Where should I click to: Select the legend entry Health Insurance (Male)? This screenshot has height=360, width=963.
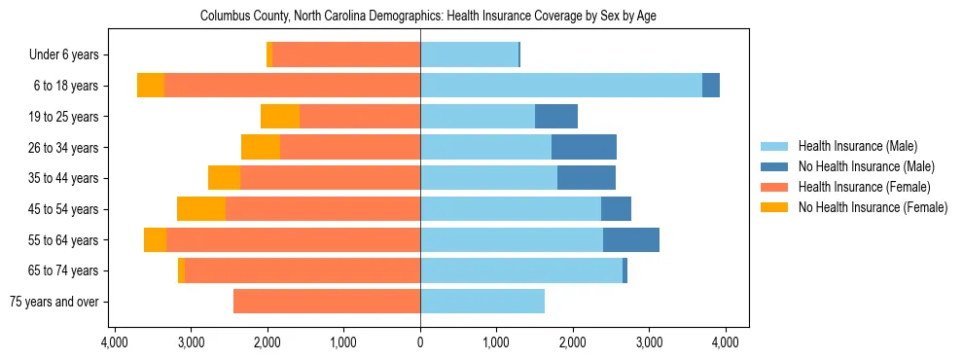point(857,146)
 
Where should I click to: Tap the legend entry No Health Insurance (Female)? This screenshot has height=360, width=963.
point(872,207)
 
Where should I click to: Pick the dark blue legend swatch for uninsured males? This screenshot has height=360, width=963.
point(774,166)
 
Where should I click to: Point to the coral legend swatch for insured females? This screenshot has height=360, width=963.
point(774,187)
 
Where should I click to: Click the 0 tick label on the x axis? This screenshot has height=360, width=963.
point(420,342)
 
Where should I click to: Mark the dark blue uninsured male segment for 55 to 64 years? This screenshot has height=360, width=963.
point(631,239)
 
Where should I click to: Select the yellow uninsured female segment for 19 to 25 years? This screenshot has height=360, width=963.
point(280,117)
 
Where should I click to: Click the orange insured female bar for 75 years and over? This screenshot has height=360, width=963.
point(327,302)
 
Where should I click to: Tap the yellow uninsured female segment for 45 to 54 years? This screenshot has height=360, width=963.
point(201,209)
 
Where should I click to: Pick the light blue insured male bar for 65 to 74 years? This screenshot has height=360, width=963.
point(521,270)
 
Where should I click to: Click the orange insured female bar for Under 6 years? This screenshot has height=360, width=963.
point(346,55)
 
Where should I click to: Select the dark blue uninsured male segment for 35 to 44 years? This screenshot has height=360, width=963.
point(587,178)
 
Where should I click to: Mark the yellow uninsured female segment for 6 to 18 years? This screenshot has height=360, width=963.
point(151,86)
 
